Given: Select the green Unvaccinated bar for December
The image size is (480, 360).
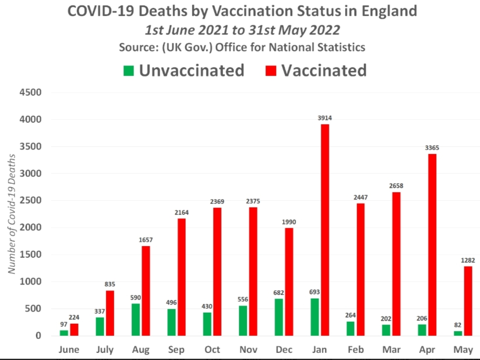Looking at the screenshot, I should click(x=279, y=317).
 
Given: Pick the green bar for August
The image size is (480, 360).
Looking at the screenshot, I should click(x=135, y=319).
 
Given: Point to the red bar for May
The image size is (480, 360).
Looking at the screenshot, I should click(x=468, y=301).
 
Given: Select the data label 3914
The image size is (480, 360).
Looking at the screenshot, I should click(x=325, y=118).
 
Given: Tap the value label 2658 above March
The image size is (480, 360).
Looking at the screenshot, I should click(x=396, y=186).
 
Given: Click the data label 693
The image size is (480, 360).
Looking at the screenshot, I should click(x=315, y=292).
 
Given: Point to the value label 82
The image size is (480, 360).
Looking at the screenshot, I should click(x=457, y=325).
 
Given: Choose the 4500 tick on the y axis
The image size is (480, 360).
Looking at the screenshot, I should click(x=31, y=93).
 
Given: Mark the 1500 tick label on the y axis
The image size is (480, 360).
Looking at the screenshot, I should click(x=31, y=255).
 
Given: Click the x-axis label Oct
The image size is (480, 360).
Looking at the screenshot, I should click(x=212, y=349).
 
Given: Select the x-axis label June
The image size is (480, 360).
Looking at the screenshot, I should click(x=68, y=349).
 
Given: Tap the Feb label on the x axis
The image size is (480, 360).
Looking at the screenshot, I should click(x=355, y=349).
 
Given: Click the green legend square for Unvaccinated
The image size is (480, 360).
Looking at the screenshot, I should click(x=129, y=71).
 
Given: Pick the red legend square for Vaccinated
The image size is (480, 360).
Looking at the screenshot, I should click(x=271, y=71).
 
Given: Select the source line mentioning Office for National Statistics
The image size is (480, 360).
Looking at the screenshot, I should click(x=242, y=47).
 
